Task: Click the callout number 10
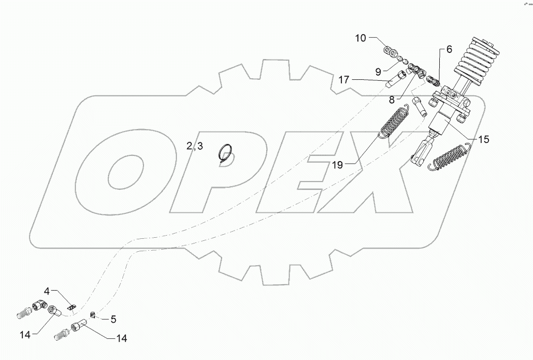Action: (361, 38)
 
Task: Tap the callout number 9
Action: (378, 70)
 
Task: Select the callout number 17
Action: (344, 80)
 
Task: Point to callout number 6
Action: (449, 49)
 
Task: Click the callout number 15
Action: (483, 139)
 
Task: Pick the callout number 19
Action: (338, 165)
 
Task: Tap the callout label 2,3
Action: (195, 147)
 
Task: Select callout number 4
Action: (47, 292)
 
